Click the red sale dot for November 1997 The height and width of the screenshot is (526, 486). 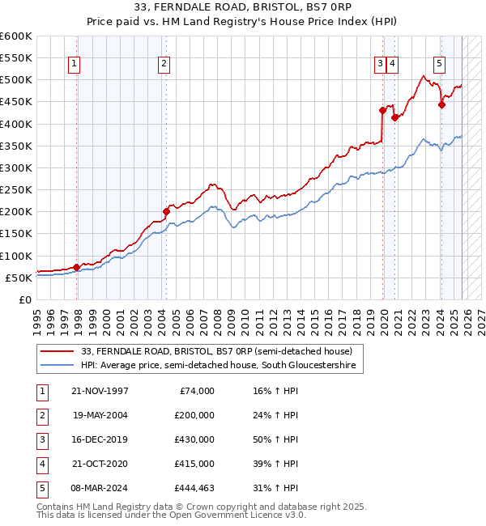pos(76,267)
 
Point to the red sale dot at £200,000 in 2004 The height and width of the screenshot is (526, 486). pos(166,212)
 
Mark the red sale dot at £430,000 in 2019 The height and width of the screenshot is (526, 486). pos(382,111)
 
